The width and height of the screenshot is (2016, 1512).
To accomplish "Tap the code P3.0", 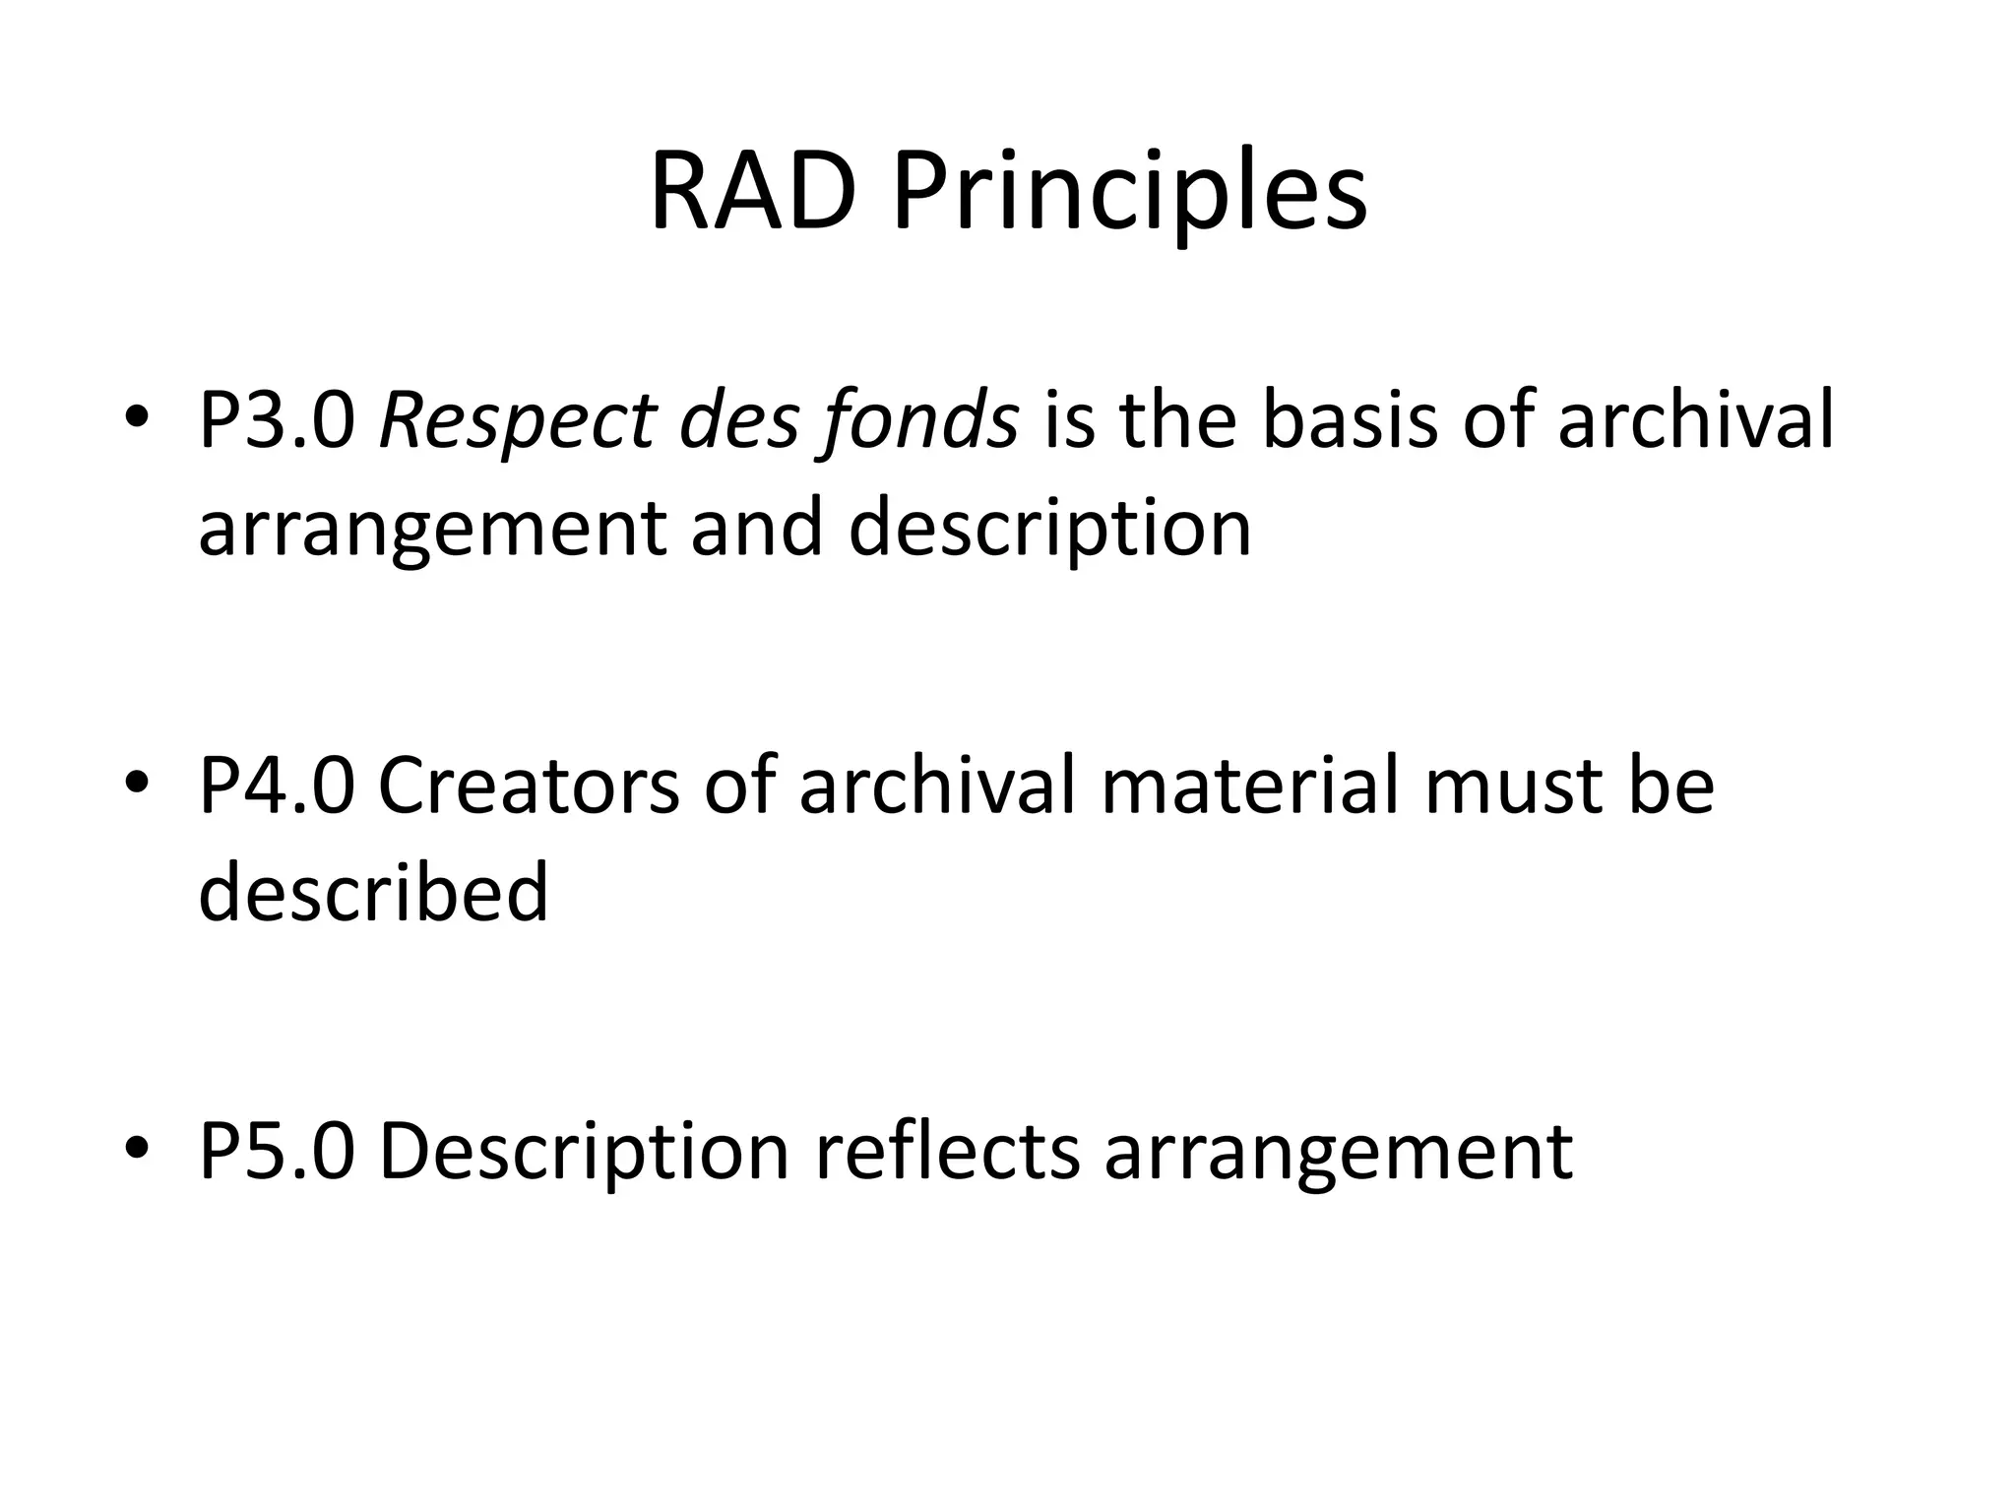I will [x=277, y=421].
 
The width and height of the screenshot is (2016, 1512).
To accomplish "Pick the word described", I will [x=373, y=892].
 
